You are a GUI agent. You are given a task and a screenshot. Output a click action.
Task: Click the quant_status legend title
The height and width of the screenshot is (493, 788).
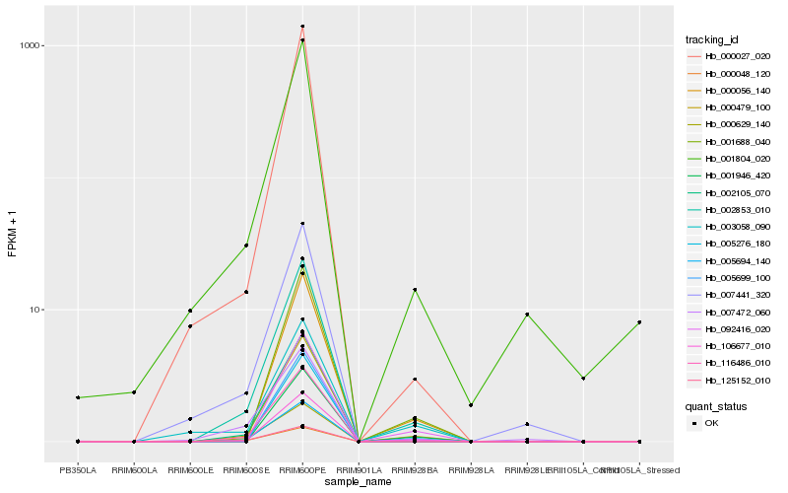(716, 405)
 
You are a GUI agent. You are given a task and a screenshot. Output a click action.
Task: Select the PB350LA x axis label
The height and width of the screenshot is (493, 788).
(78, 470)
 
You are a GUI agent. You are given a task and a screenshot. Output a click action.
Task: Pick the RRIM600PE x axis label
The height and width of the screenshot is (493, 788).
(302, 470)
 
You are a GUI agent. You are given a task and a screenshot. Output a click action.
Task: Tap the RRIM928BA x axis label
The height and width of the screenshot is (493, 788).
(415, 470)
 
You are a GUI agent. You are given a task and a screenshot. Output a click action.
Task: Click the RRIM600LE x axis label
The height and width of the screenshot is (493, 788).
(190, 470)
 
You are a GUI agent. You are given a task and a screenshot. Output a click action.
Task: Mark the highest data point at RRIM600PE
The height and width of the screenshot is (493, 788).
(302, 27)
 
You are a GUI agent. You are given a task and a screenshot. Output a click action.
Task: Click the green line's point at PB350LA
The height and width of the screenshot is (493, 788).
(78, 397)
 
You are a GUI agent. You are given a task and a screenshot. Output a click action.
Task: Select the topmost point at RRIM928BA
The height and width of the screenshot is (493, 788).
(415, 290)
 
